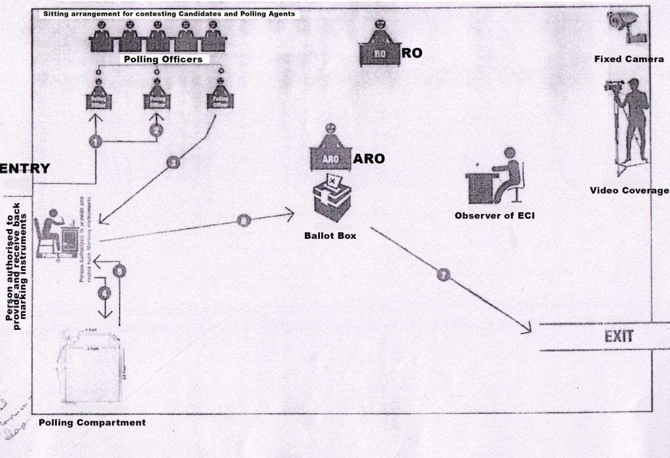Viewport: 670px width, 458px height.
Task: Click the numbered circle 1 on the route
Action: click(96, 141)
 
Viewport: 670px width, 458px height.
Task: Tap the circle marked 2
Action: click(156, 130)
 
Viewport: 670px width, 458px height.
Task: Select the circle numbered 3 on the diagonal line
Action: click(173, 163)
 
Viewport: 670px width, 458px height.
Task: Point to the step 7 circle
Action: click(444, 275)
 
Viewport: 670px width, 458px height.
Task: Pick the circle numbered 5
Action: click(119, 270)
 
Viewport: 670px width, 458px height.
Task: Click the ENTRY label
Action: click(25, 168)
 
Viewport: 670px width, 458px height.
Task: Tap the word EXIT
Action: click(618, 338)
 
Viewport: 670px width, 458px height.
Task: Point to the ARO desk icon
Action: click(330, 152)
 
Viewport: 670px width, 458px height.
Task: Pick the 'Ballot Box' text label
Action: click(330, 235)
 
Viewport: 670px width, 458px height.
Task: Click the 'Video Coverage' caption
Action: click(629, 190)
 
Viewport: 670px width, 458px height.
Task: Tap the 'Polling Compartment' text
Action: click(92, 423)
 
